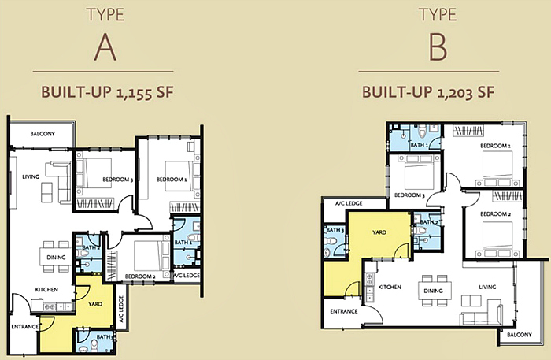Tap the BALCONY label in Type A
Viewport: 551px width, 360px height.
[x=43, y=135]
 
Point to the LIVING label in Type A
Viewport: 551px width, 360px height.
[x=31, y=176]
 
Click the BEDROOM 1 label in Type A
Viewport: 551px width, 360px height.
[x=171, y=180]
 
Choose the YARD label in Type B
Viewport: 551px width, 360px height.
[x=379, y=232]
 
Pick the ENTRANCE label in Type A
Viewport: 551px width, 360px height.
[x=25, y=325]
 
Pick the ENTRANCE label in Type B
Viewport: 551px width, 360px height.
[x=344, y=310]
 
